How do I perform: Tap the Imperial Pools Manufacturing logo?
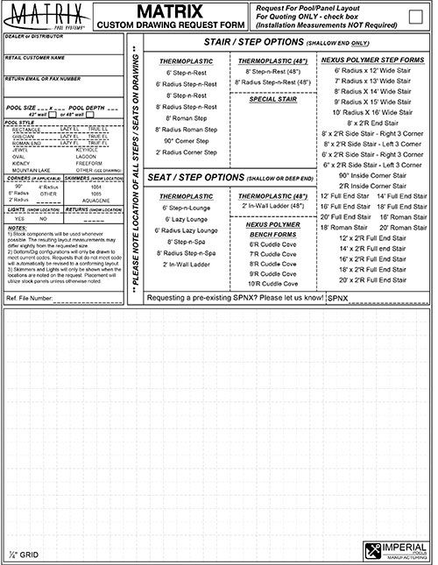394,550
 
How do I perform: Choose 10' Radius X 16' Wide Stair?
372,113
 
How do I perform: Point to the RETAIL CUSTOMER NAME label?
35,57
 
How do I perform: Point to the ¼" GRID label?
21,554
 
